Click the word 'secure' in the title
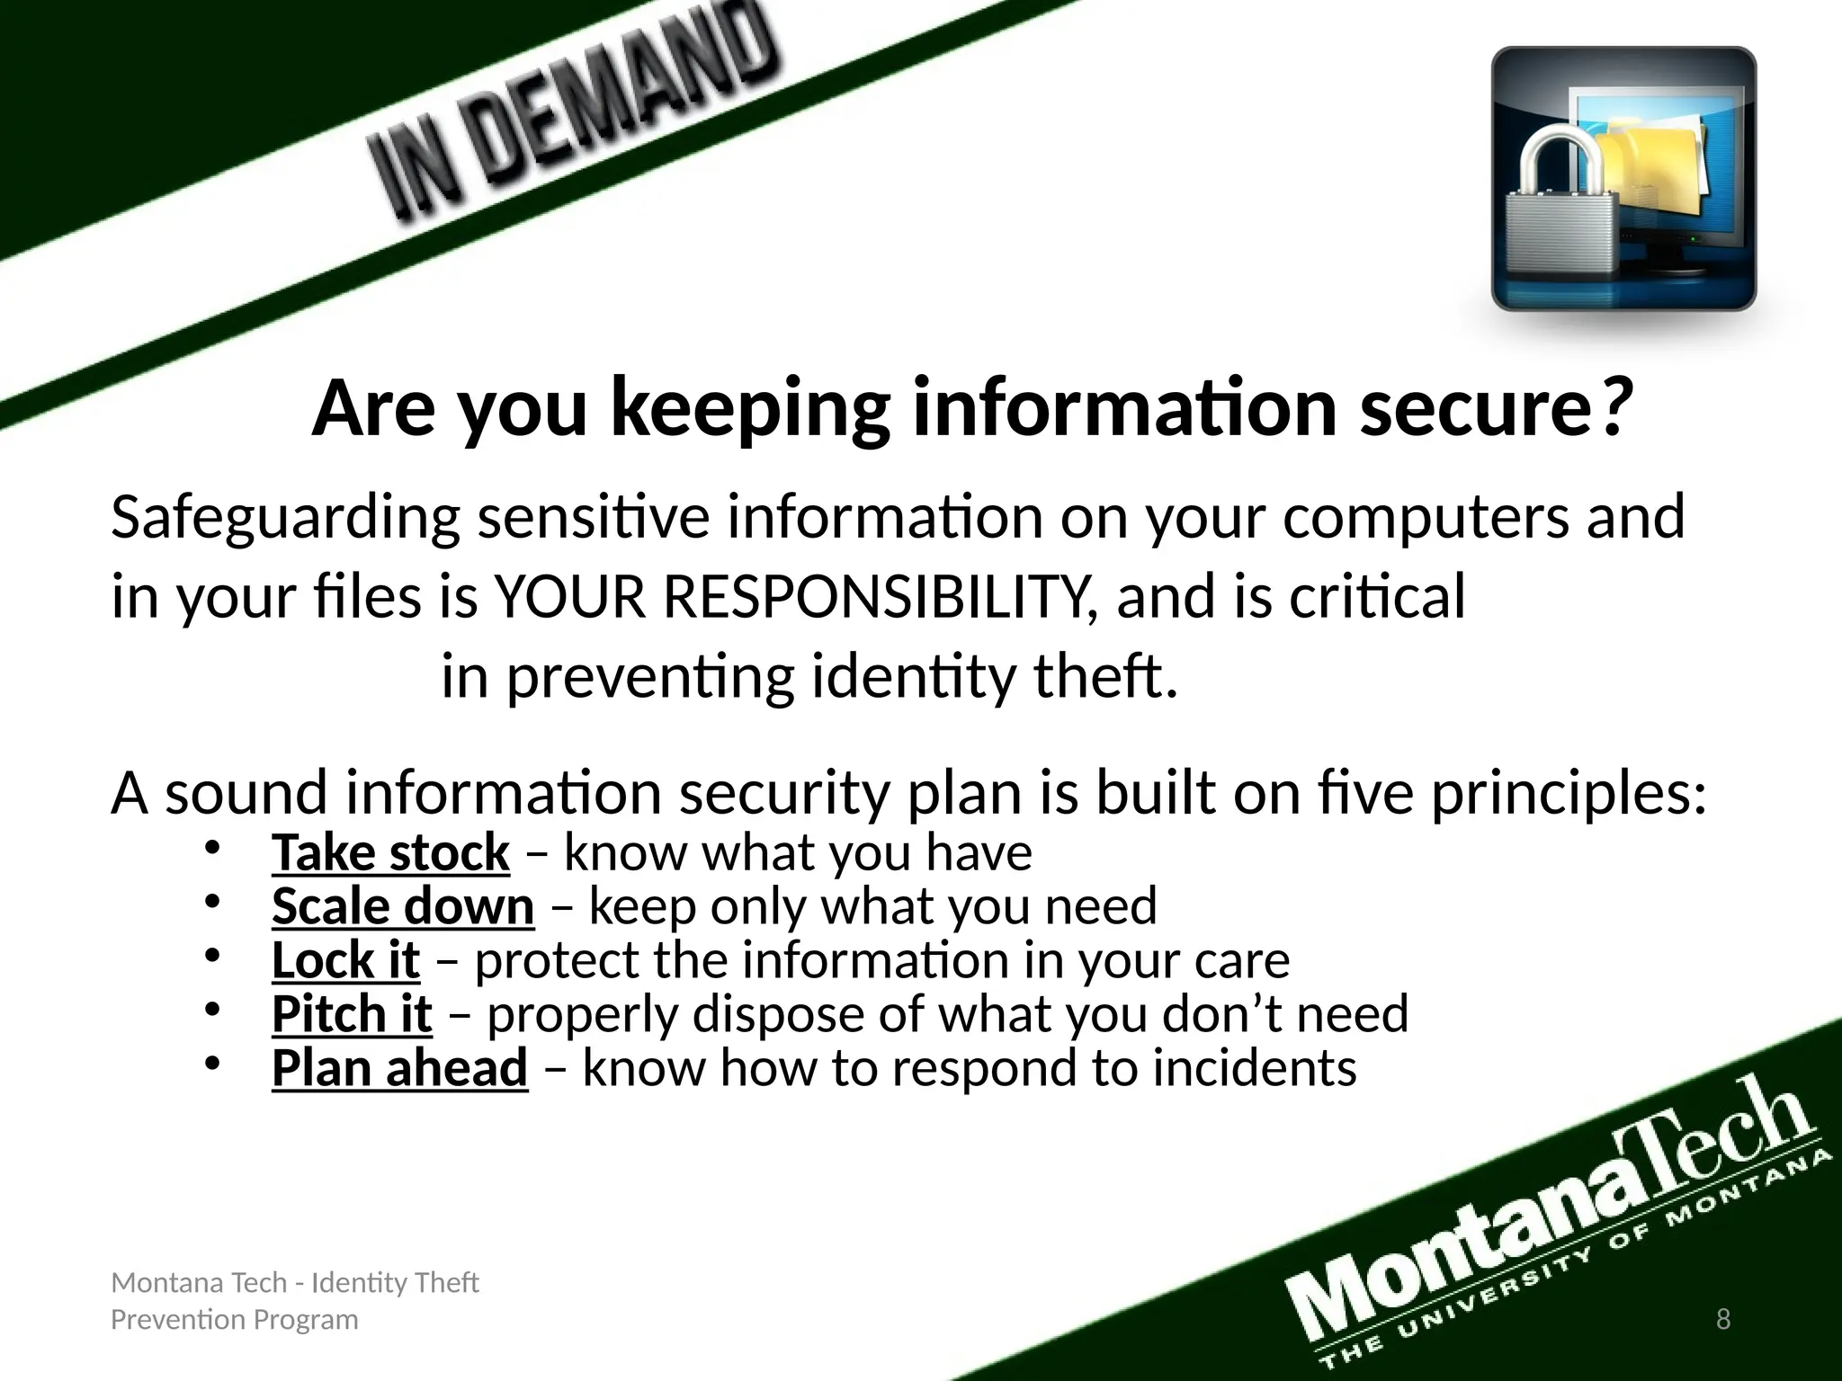(x=1475, y=409)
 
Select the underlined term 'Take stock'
(x=390, y=852)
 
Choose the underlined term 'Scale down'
(x=403, y=906)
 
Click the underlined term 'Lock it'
(x=345, y=960)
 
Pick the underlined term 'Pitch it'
(x=352, y=1014)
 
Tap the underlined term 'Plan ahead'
(x=399, y=1068)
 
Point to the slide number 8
(x=1723, y=1319)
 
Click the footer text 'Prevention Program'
(x=234, y=1320)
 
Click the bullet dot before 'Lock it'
(x=211, y=958)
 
